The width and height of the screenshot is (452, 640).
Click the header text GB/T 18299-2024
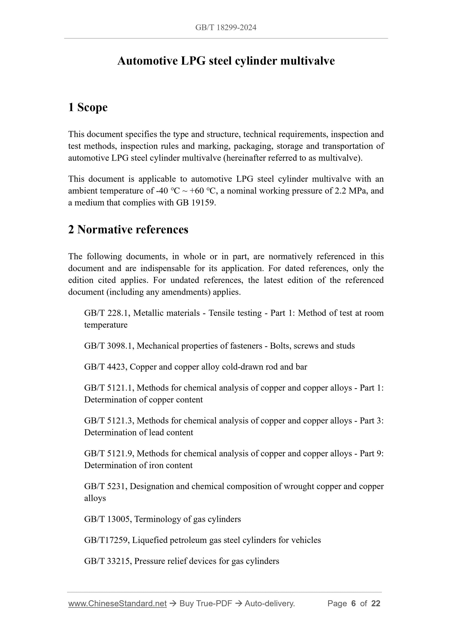click(x=226, y=27)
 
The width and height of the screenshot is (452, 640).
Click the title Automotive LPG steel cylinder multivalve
click(x=226, y=61)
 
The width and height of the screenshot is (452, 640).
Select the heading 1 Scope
click(x=88, y=107)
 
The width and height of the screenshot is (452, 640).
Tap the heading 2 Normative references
click(x=128, y=230)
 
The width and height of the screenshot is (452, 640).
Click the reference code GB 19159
click(x=196, y=203)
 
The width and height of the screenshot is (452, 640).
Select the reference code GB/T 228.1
click(x=107, y=313)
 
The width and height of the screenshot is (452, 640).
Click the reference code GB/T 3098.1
click(x=109, y=346)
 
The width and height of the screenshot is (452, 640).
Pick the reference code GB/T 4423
click(x=105, y=367)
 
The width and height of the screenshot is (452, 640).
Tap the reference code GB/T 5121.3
click(x=109, y=421)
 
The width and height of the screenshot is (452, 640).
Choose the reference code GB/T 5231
click(x=105, y=486)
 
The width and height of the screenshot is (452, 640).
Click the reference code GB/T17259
click(x=107, y=540)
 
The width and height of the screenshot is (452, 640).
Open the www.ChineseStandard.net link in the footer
click(x=117, y=604)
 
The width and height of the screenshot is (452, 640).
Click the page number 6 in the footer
click(x=354, y=604)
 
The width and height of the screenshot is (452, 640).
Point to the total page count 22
click(x=376, y=604)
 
